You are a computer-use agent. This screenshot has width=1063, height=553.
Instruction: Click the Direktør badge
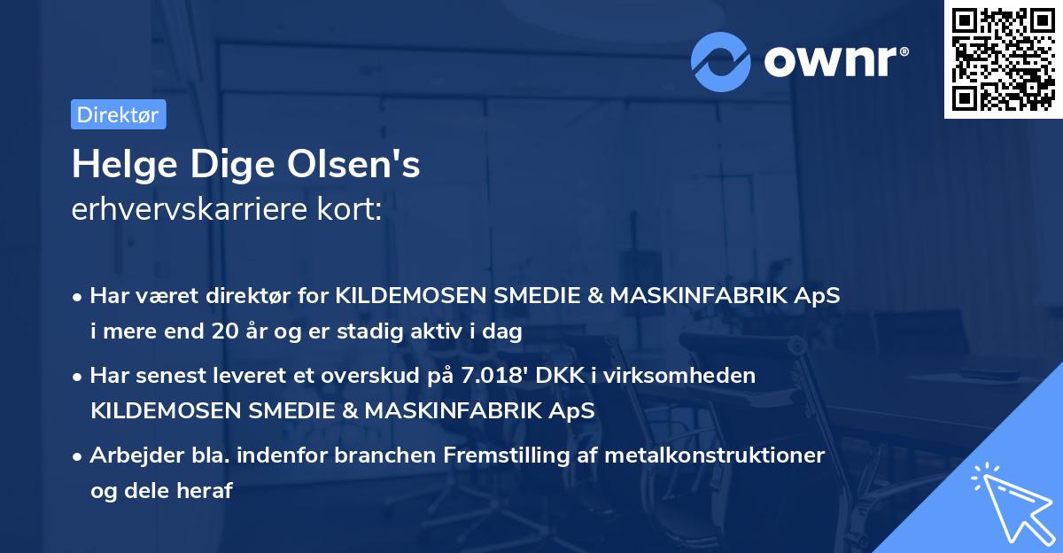pyautogui.click(x=118, y=114)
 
